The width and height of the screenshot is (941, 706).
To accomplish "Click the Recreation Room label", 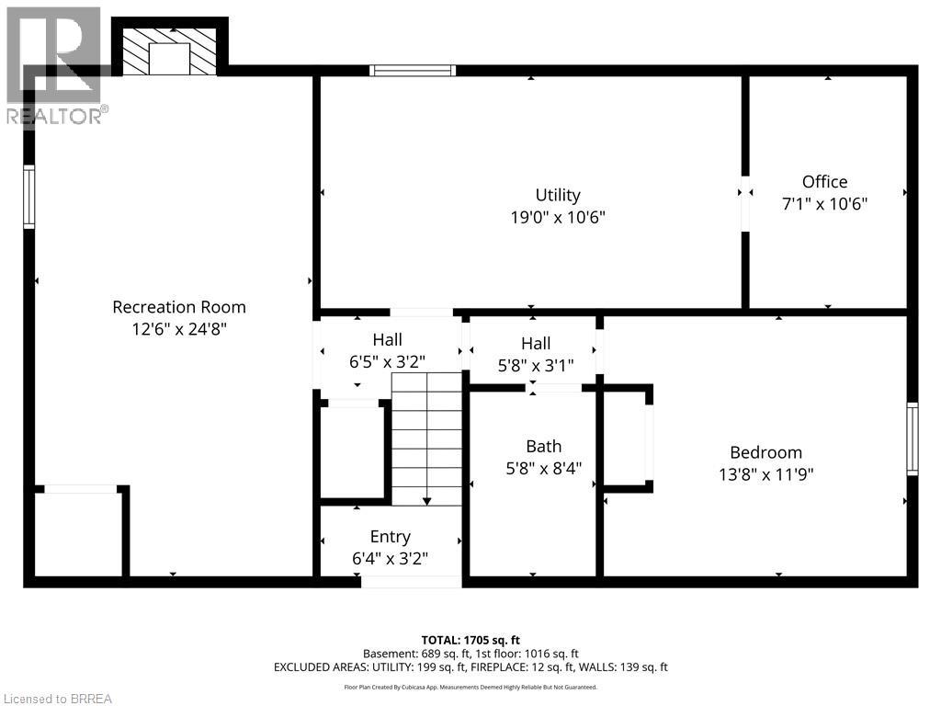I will point(179,307).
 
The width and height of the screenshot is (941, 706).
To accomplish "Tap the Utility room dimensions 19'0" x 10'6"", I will point(558,218).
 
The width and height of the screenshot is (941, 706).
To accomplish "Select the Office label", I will point(824,182).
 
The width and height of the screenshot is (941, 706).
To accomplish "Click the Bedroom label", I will point(765,452).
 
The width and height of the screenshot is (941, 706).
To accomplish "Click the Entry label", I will point(390,537).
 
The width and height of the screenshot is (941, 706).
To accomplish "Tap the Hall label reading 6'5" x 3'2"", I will point(387,340).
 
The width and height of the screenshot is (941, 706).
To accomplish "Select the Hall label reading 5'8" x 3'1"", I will point(535,343).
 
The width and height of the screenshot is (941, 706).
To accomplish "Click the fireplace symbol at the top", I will point(169,51).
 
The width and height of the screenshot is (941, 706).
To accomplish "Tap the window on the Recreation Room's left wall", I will point(29,197).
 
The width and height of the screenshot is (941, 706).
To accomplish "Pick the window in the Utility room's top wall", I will point(413,70).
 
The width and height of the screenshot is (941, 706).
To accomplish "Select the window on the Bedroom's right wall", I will point(912,438).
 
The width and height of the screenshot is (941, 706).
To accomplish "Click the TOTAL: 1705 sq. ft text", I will point(470,640).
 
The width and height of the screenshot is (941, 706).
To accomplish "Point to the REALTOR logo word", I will point(55,115).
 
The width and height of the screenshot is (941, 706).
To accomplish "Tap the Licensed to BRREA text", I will point(57,699).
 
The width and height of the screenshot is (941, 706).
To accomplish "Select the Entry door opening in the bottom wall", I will point(411,581).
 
